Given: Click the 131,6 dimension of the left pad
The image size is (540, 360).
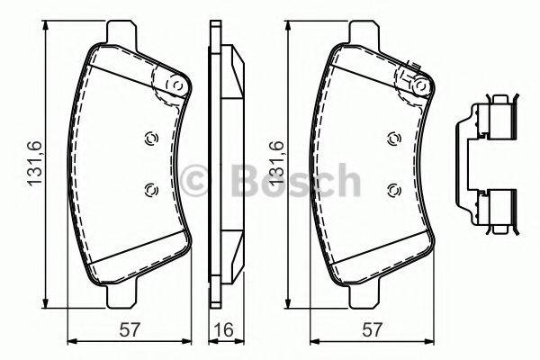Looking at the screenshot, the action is pyautogui.click(x=35, y=163).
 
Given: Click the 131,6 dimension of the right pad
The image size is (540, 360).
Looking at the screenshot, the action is pyautogui.click(x=276, y=163).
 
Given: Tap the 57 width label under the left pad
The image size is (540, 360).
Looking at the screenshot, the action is pyautogui.click(x=130, y=329).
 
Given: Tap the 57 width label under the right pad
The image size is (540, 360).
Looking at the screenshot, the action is pyautogui.click(x=373, y=329).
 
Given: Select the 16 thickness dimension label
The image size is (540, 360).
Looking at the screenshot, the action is pyautogui.click(x=224, y=329).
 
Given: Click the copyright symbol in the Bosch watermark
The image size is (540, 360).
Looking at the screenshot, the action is pyautogui.click(x=193, y=181).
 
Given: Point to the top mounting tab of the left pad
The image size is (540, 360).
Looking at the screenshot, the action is pyautogui.click(x=121, y=33).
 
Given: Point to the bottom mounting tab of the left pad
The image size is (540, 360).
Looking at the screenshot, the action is pyautogui.click(x=121, y=295).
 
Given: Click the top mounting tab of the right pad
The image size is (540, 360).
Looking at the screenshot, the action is pyautogui.click(x=364, y=33).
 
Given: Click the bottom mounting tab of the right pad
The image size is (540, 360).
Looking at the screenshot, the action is pyautogui.click(x=364, y=295).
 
